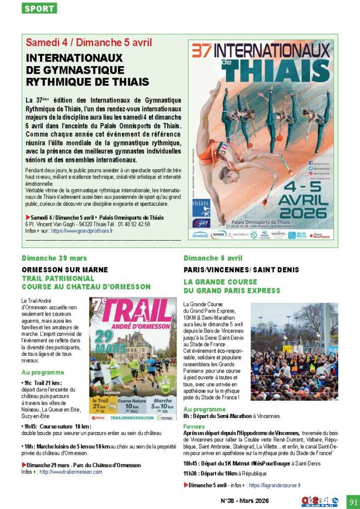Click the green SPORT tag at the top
point(40,8)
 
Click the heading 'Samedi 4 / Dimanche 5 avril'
point(89,43)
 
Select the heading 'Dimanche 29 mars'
point(54,258)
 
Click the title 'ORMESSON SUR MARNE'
point(64,269)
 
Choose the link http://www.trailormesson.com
point(71,472)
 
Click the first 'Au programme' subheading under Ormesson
point(43,372)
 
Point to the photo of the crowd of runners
point(294,351)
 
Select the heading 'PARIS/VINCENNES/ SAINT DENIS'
point(241,269)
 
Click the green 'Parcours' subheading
point(194,426)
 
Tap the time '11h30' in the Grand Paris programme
point(191,473)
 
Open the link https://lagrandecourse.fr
point(274,485)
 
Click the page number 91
point(352,500)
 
